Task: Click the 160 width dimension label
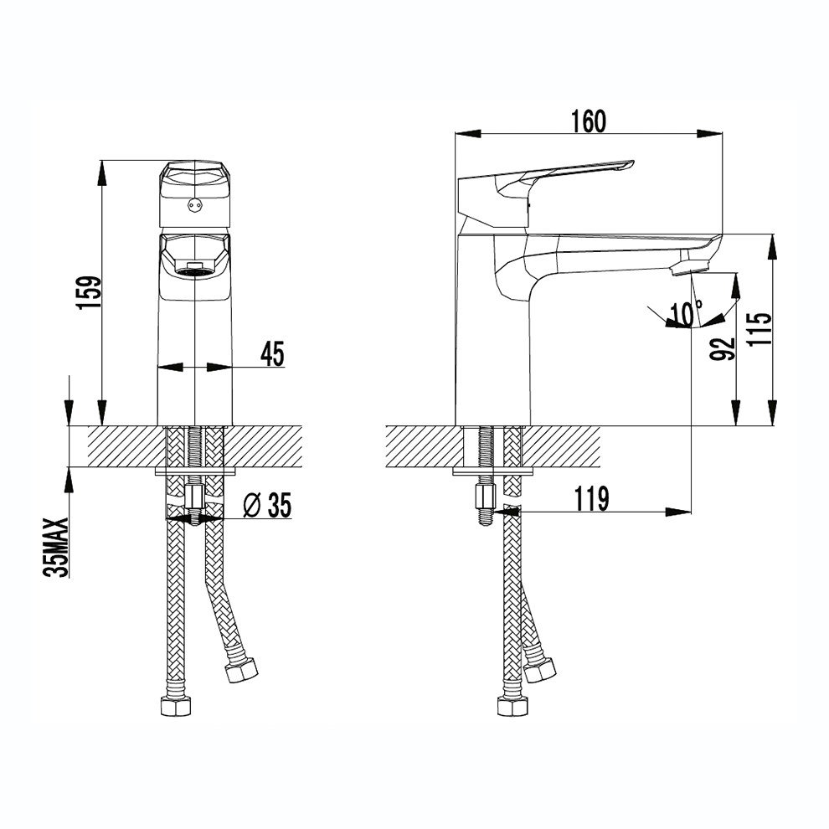click(x=589, y=121)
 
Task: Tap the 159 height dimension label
click(x=88, y=292)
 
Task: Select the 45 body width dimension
click(x=272, y=353)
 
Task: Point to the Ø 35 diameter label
click(x=267, y=505)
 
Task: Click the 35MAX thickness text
click(x=57, y=547)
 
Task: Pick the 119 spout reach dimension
click(x=591, y=498)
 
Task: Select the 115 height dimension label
click(x=759, y=329)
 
